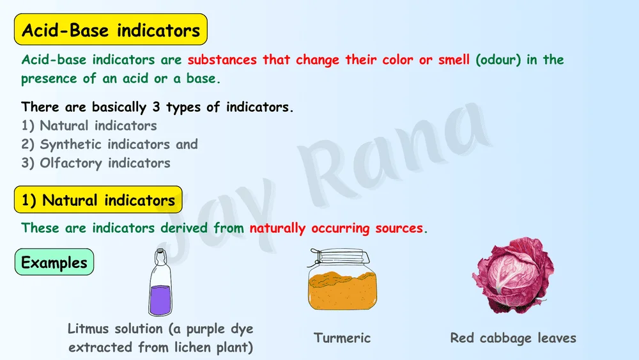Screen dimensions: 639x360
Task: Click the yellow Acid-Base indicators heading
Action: click(x=111, y=29)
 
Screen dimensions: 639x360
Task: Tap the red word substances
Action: click(x=222, y=60)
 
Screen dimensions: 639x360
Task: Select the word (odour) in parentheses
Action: click(x=498, y=60)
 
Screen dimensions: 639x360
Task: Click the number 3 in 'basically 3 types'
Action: click(x=156, y=107)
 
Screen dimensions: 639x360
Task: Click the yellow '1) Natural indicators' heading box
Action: click(x=98, y=200)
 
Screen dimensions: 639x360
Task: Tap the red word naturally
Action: click(x=277, y=228)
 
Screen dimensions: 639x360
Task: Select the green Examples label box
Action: click(x=54, y=262)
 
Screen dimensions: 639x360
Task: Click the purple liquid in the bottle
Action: click(x=160, y=300)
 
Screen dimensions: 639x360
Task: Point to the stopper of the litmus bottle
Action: click(x=160, y=253)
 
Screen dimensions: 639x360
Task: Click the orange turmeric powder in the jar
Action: click(x=343, y=290)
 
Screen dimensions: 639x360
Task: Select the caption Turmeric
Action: click(x=343, y=338)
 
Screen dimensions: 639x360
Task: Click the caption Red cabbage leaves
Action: click(x=513, y=338)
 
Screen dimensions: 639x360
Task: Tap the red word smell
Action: click(x=454, y=60)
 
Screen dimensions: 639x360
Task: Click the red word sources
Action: click(x=399, y=228)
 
